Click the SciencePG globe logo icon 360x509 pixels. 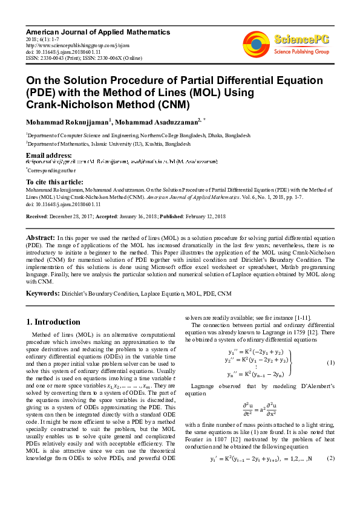point(256,44)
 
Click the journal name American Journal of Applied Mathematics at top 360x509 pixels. point(97,31)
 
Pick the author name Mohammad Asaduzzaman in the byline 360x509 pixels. point(155,122)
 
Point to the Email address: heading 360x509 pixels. point(48,156)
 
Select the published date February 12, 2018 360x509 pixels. point(204,216)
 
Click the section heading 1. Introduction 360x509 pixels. point(54,322)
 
